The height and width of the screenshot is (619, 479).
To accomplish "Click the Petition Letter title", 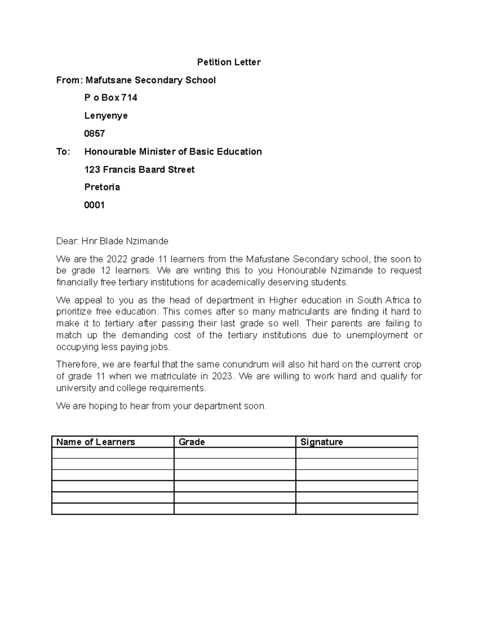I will [x=229, y=62].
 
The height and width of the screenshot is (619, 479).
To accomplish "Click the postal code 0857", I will [x=95, y=134].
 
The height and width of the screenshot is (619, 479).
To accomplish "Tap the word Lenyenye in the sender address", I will [x=106, y=116].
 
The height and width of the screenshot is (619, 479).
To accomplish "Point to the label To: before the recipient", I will [x=63, y=151].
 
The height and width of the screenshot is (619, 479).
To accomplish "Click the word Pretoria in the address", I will [x=102, y=187].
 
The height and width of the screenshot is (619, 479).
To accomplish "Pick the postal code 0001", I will [x=95, y=205].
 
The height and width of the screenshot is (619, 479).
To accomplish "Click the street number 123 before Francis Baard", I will [x=92, y=169].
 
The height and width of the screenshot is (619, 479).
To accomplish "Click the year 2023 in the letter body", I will [x=221, y=376].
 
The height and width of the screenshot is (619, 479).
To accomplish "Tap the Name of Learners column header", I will [x=95, y=442].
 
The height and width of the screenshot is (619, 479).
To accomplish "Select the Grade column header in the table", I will [x=192, y=442].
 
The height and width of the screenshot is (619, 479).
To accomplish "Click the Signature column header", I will [x=321, y=442].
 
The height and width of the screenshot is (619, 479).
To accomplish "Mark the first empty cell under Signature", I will [x=356, y=453].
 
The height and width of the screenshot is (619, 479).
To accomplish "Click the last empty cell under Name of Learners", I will [x=113, y=509].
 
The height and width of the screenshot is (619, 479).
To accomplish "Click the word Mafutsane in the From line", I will [x=109, y=80].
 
